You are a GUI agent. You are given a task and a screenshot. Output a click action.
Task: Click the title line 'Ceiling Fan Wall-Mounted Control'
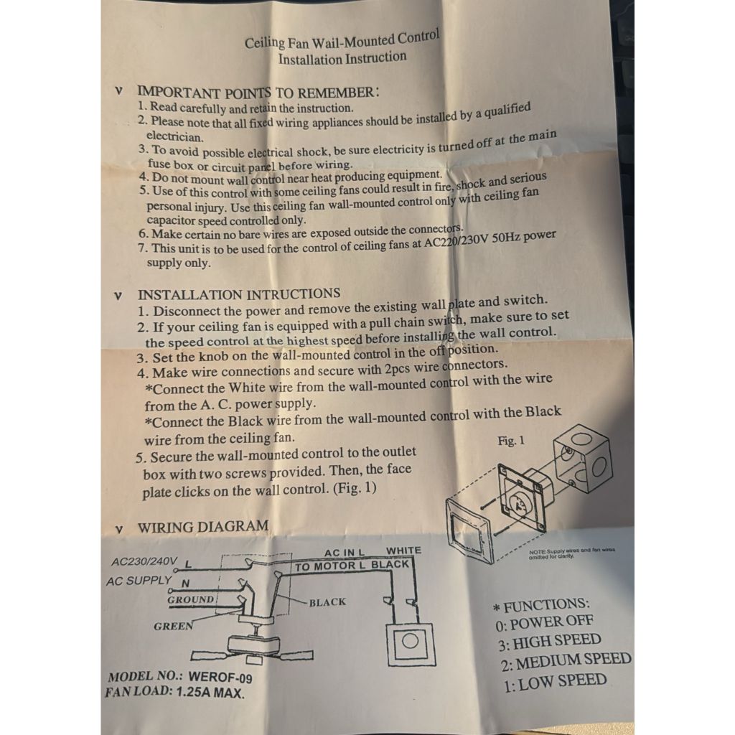(342, 40)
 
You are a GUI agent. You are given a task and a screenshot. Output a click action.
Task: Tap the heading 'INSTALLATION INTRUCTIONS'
(239, 294)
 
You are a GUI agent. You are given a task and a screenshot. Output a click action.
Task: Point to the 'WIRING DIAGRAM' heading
(203, 526)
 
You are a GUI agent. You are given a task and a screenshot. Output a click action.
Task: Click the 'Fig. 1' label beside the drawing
(511, 441)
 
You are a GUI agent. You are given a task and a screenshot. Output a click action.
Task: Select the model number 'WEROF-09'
(220, 677)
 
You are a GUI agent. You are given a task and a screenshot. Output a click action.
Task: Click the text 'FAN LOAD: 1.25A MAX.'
(174, 693)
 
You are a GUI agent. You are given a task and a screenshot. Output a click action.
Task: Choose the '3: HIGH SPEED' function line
(550, 642)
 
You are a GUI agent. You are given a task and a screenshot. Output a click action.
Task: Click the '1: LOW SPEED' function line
(556, 683)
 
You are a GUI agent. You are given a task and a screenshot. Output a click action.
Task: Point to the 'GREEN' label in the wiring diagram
(174, 626)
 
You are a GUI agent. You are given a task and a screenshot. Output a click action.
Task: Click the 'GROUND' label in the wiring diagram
(191, 599)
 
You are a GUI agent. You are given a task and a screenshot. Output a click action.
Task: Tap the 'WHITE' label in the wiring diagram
(403, 551)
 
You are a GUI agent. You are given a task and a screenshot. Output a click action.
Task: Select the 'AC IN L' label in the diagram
(344, 553)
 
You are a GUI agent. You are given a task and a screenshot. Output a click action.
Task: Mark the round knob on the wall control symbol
(410, 641)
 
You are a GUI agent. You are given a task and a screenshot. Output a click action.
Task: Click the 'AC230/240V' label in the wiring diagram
(144, 561)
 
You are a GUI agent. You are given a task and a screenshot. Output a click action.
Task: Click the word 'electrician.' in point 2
(175, 136)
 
